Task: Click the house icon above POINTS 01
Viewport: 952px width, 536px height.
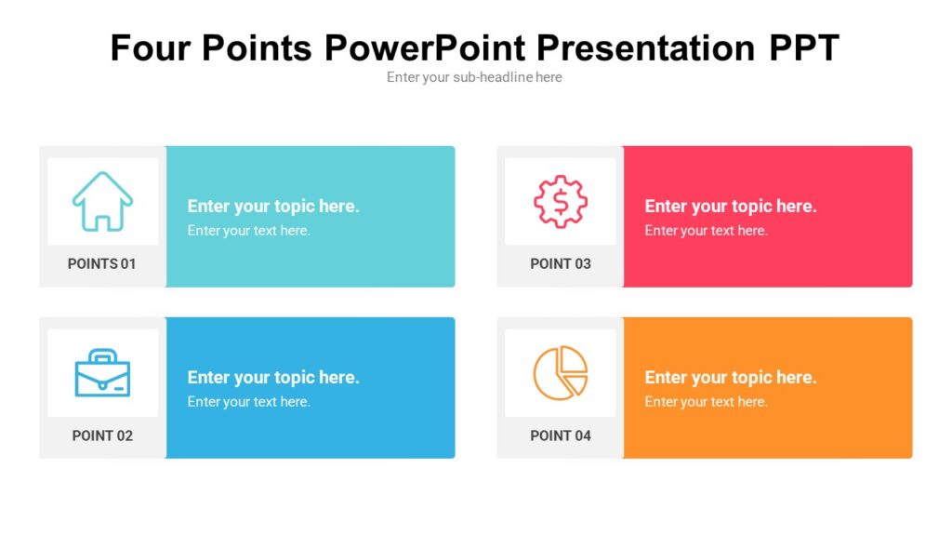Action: [102, 201]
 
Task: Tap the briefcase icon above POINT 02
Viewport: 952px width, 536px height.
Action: [102, 372]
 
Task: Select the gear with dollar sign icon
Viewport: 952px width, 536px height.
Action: [560, 201]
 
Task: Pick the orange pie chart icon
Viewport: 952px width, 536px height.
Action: [560, 372]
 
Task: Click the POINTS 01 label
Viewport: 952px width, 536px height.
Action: [102, 263]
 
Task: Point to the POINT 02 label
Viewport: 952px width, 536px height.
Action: [102, 435]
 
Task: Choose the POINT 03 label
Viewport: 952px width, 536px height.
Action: [560, 263]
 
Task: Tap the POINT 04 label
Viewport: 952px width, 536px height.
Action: [560, 435]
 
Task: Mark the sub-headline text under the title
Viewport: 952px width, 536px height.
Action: [474, 77]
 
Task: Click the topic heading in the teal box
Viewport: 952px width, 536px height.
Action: [273, 207]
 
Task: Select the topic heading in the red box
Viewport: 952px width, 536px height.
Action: [731, 207]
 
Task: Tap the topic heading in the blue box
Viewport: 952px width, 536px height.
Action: [273, 378]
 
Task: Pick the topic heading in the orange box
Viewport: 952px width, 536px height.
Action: [731, 378]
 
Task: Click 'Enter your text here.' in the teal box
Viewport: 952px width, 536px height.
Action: [248, 231]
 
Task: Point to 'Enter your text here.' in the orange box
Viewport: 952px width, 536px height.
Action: [706, 402]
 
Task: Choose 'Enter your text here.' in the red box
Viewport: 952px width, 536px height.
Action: [706, 231]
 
